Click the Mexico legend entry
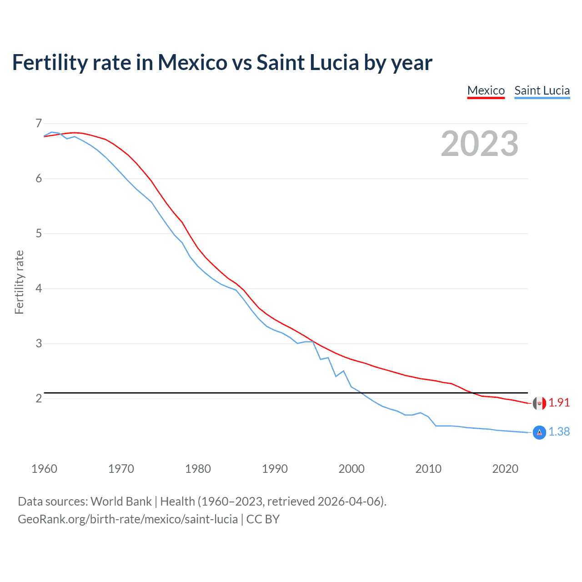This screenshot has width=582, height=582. [x=486, y=90]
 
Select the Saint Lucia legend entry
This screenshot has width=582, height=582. [x=542, y=90]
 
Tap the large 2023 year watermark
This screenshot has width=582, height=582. [x=479, y=144]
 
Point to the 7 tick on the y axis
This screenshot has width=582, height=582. [x=39, y=123]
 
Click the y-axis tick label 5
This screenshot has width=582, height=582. [x=39, y=233]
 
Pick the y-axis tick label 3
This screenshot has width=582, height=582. [x=39, y=343]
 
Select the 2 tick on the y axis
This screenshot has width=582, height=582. [x=39, y=398]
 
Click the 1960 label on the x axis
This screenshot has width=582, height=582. [x=44, y=469]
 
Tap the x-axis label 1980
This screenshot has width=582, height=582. [x=198, y=469]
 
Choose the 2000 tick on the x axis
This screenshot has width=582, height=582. [x=351, y=469]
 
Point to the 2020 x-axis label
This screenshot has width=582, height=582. [x=505, y=469]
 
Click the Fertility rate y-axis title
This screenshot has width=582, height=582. [x=19, y=282]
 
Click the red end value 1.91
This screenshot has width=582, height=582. [x=559, y=403]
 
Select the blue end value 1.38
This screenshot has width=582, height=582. [x=559, y=431]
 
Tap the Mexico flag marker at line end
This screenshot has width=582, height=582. [x=539, y=403]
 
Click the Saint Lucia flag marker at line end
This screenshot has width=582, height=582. [x=539, y=432]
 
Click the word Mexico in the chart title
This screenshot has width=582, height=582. [x=192, y=62]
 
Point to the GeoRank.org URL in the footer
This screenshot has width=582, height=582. [x=127, y=519]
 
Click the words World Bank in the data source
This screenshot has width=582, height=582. [x=121, y=502]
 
